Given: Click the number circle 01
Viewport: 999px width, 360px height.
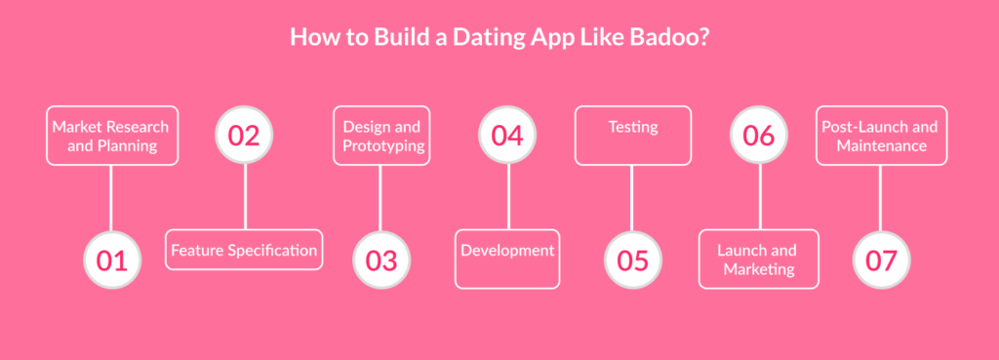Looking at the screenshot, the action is coord(112,260).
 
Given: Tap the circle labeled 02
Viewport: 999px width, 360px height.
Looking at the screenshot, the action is coord(244,135).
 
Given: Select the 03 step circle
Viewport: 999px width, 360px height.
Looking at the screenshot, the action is coord(381,260).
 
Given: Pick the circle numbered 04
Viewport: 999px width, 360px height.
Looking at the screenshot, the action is coord(507,135).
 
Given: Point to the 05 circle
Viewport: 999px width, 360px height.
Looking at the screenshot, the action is coord(633,260).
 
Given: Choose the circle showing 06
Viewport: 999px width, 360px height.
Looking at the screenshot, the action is coord(759,135).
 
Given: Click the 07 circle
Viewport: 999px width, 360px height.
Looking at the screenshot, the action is coord(882,260).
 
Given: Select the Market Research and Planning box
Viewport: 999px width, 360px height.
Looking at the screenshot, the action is coord(112,136).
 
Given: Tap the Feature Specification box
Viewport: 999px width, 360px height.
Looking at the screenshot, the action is coord(244,250).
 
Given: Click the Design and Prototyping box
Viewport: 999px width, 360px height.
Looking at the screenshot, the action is coord(381,136).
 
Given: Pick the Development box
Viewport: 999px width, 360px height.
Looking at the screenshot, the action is coord(507,259).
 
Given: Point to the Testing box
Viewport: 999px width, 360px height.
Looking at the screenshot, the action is coord(633,136).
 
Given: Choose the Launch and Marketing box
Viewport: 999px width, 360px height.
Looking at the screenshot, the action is coord(759,259).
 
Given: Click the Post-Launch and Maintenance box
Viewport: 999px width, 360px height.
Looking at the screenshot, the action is coord(882,136).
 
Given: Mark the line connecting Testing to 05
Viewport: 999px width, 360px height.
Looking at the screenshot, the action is coord(632,198).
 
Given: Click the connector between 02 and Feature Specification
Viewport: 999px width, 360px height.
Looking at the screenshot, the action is coord(245,197).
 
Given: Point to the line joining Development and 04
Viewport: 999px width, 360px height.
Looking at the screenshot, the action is coord(508,197).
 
